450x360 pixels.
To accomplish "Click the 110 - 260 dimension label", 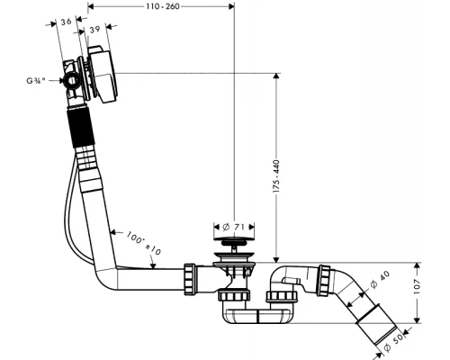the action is point(163,6).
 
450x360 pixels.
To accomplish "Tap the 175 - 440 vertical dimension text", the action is point(276,176).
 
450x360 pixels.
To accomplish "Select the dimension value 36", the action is point(66,22).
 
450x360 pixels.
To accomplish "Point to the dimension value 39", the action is point(94,30).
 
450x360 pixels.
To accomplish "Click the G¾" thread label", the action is point(36,80).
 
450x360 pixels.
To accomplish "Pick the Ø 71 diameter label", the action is point(234,227).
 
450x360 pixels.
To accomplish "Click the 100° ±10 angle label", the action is point(143,243).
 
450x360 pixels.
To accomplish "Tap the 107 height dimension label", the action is point(417,286).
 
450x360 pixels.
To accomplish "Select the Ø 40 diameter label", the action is point(380,279).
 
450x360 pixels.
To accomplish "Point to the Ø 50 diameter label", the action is point(393,343).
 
